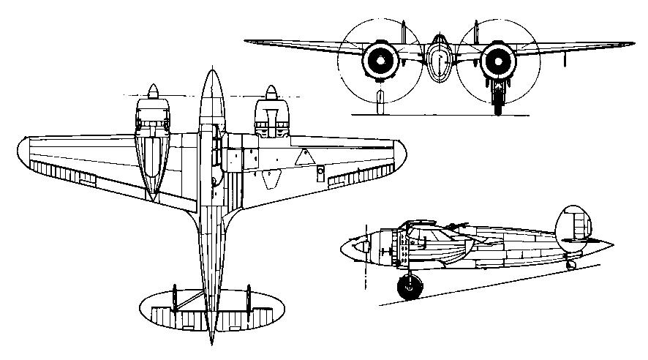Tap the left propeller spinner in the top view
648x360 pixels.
tap(154, 92)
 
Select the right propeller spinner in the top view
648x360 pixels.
tap(270, 92)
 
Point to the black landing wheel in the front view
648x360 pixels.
tap(497, 102)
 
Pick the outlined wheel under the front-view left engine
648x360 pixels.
tap(379, 102)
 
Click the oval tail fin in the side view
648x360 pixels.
tap(573, 228)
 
